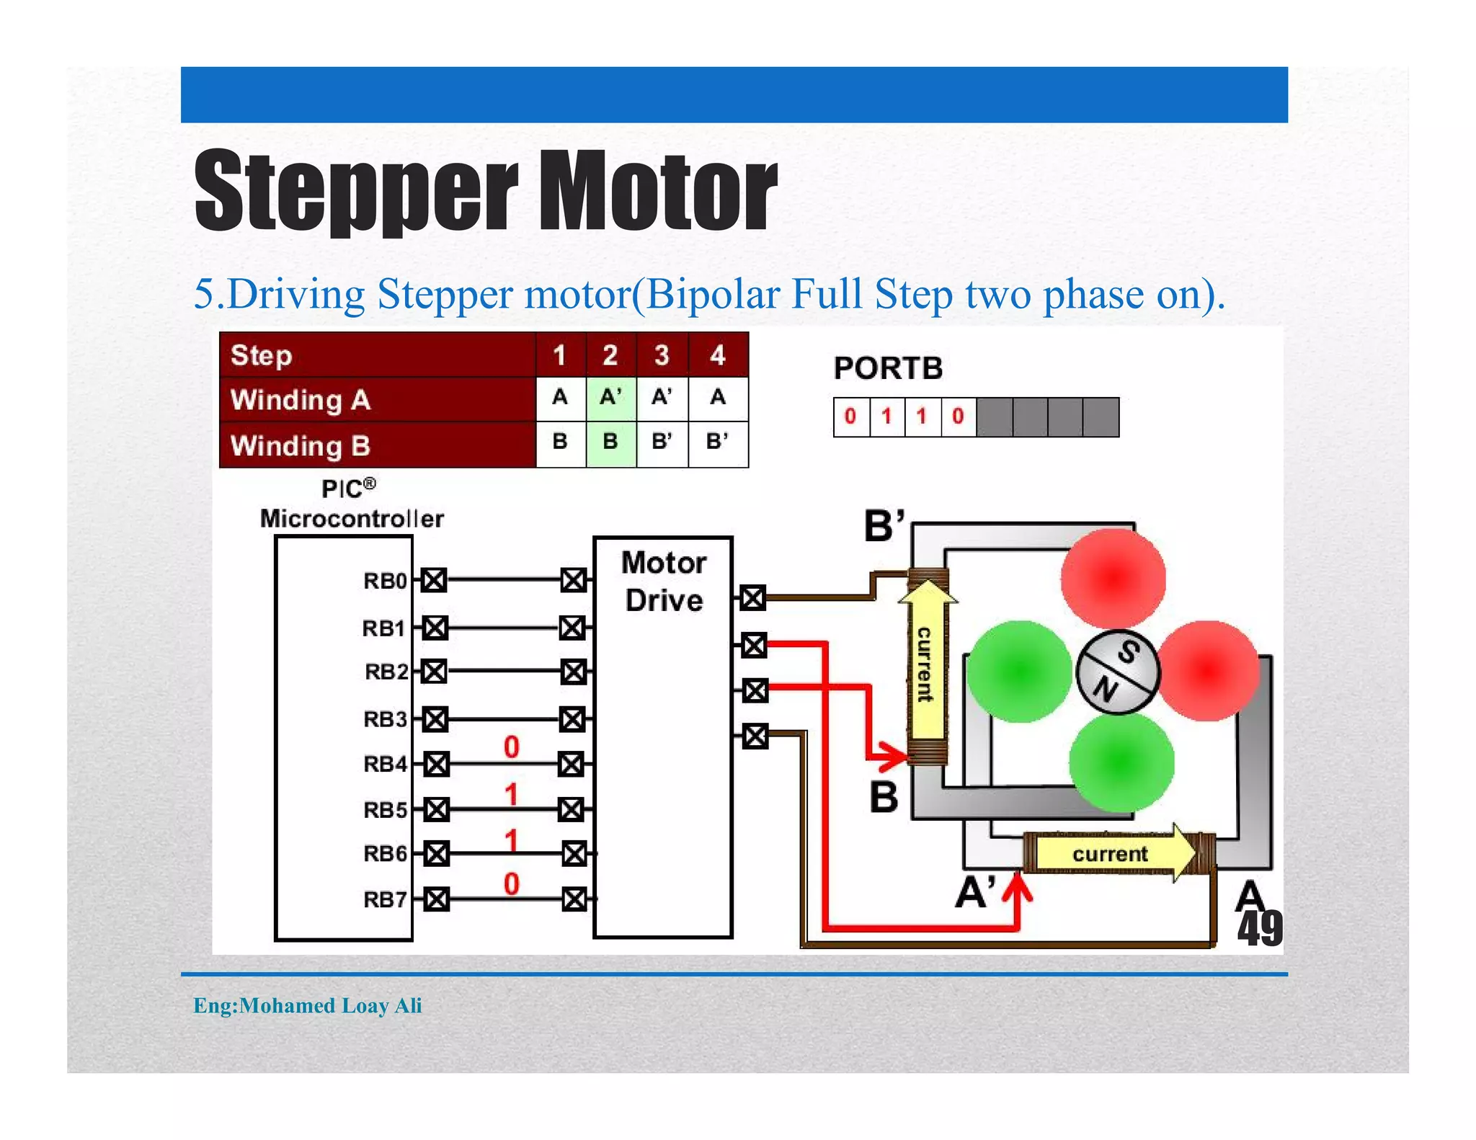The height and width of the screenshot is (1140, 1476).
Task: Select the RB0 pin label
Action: click(385, 581)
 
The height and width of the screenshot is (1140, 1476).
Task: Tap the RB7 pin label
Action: click(385, 900)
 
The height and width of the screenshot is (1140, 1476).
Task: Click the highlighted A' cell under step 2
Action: click(610, 397)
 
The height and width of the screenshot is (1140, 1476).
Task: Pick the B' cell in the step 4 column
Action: click(717, 441)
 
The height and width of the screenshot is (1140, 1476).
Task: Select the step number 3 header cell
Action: click(662, 355)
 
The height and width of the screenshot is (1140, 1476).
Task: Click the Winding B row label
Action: click(301, 445)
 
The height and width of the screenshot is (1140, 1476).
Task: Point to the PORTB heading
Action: click(888, 368)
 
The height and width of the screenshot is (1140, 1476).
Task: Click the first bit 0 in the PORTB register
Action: click(850, 417)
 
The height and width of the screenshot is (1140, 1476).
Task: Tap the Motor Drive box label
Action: click(664, 581)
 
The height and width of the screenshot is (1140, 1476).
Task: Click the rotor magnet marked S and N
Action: click(1117, 672)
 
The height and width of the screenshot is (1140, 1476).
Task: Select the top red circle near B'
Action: click(1113, 578)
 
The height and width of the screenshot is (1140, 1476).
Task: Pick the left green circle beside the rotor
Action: click(1019, 672)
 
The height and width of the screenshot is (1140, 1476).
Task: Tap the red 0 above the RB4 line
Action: click(511, 747)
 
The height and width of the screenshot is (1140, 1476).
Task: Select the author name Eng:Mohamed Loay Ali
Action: click(308, 1005)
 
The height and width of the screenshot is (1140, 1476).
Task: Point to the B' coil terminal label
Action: click(884, 526)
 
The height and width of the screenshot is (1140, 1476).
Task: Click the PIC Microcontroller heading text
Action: click(351, 504)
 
